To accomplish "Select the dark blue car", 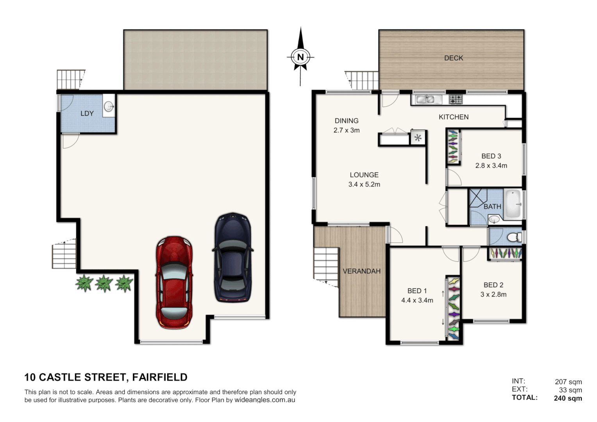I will (232, 257).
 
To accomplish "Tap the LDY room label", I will (87, 113).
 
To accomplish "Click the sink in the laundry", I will (109, 105).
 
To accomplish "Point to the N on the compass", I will (300, 57).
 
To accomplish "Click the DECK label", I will (453, 58).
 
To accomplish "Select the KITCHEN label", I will (453, 117).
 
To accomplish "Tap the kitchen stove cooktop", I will (455, 99).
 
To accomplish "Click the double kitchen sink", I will (426, 99).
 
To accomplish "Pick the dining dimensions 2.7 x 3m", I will (346, 130).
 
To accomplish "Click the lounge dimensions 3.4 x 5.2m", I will (364, 184).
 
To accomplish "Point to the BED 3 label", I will (491, 156).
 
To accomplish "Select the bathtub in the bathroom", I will (513, 204).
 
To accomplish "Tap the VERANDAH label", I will (361, 271).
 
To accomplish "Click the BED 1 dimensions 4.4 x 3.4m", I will (417, 300).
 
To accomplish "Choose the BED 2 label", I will (493, 285).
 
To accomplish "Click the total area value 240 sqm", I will (567, 398).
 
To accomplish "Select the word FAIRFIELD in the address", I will (159, 377).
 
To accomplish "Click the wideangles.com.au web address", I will (265, 400).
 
